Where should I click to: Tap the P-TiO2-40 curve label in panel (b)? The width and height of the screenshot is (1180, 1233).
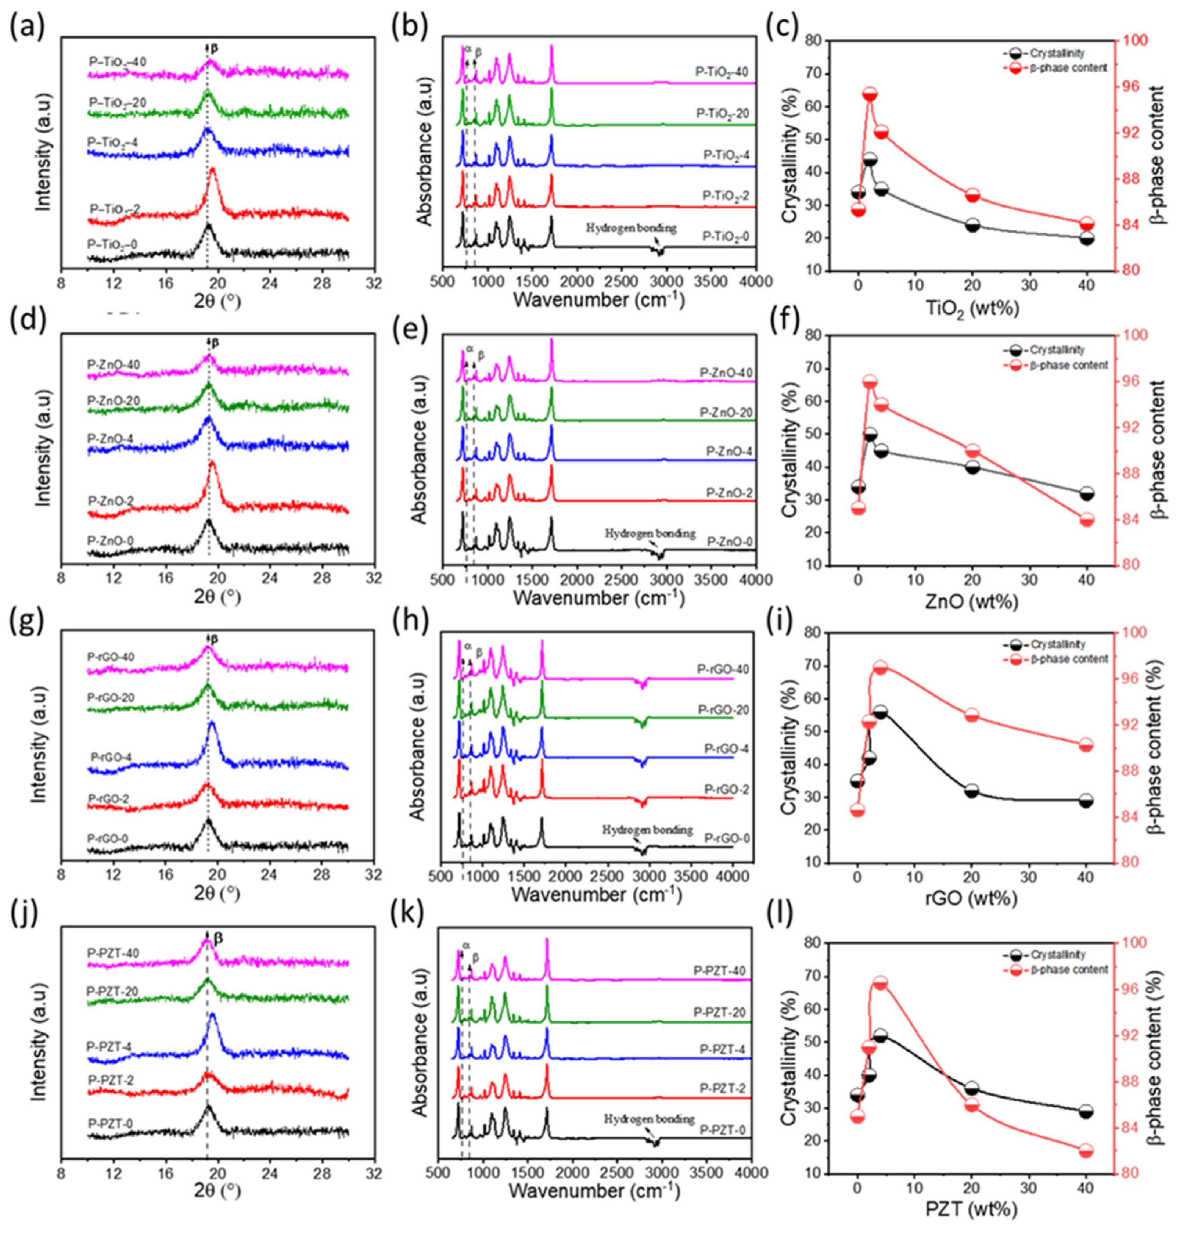click(721, 72)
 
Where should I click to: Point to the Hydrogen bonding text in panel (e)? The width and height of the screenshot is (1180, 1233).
click(650, 533)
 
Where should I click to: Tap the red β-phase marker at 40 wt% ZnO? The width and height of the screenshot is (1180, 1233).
click(1086, 520)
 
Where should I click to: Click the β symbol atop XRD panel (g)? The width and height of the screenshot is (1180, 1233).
click(215, 639)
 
